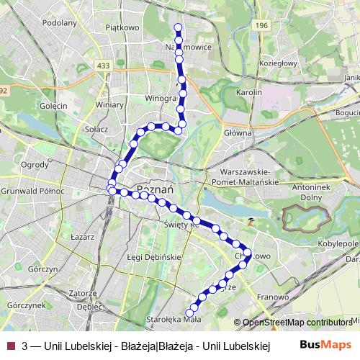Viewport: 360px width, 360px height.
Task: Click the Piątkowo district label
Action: point(121,27)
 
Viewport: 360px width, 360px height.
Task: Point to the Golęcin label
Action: point(53,106)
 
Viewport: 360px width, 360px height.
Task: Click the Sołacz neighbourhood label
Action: point(96,129)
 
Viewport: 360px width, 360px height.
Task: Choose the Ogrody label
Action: point(35,164)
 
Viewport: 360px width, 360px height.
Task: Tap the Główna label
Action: point(238,132)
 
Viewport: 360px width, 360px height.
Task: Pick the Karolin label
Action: point(248,92)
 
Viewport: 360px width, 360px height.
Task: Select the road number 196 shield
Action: point(261,25)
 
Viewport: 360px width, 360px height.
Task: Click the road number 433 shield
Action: point(104,66)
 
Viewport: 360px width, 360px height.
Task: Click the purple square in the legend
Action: point(10,346)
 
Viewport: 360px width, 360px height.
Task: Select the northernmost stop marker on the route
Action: point(178,27)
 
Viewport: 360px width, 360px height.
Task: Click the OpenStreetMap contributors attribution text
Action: point(297,323)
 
